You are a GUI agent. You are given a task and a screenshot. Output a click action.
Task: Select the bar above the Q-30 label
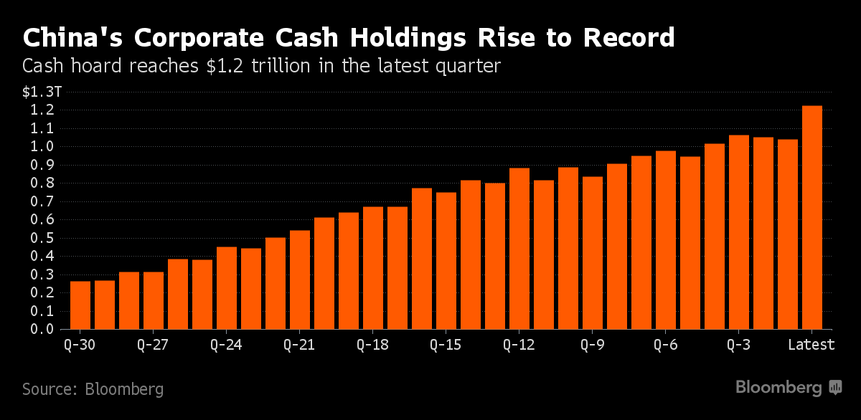point(80,305)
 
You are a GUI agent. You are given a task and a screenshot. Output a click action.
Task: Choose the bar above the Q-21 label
point(300,280)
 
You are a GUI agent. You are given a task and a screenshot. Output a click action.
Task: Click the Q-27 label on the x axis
point(152,345)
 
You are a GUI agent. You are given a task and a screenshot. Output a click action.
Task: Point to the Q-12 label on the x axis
point(519,345)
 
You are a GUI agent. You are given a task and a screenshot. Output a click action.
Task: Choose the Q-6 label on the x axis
point(665,345)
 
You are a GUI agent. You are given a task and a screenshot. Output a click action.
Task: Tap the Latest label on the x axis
point(811,345)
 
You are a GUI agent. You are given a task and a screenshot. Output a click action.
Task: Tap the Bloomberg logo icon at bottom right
point(836,388)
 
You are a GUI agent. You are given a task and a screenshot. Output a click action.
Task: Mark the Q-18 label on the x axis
point(372,345)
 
